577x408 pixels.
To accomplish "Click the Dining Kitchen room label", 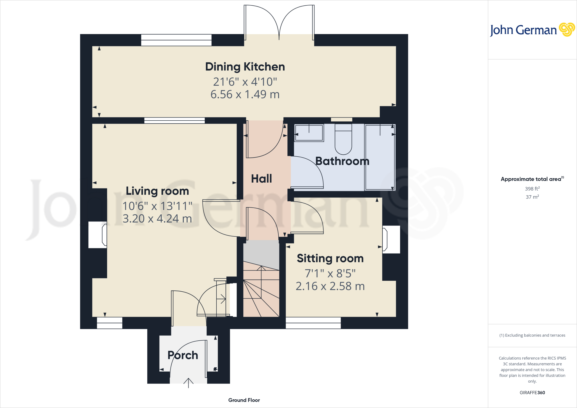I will (245, 67).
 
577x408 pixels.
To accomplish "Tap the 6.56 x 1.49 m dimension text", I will (245, 94).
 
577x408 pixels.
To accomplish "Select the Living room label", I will (157, 191).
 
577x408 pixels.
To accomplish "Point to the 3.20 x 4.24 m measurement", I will (157, 219).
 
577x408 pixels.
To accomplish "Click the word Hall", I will (261, 179).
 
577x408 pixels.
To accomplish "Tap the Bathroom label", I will (342, 161).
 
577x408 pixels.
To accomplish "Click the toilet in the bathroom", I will (343, 139).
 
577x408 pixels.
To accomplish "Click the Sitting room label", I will (330, 258).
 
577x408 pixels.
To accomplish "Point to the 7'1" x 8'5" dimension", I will (330, 273).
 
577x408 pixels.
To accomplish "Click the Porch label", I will (183, 355).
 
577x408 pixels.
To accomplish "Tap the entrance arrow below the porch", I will (188, 383).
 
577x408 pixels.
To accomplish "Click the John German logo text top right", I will (523, 30).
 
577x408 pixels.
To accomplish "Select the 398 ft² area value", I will (532, 189).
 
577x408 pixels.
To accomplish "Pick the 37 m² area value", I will (532, 197).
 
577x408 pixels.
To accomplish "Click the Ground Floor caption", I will (244, 400).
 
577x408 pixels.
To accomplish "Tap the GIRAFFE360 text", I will (532, 393).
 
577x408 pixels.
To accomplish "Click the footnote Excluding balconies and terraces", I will (532, 335).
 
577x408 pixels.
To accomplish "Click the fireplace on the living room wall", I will (98, 235).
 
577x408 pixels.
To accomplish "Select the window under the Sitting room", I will (313, 323).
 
